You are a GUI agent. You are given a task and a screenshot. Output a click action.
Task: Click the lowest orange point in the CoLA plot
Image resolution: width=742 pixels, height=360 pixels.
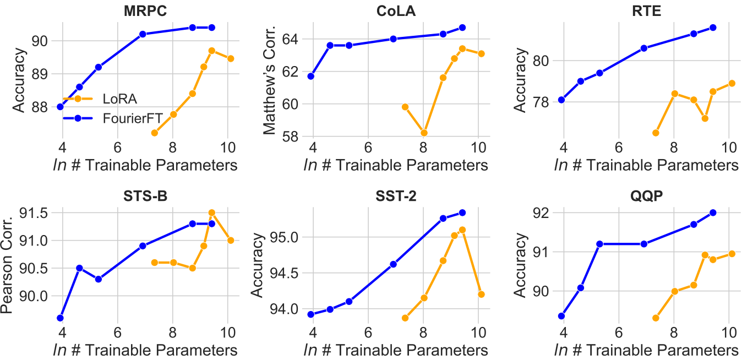(x=423, y=133)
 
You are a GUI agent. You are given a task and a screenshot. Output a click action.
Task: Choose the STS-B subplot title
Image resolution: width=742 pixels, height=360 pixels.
(x=146, y=197)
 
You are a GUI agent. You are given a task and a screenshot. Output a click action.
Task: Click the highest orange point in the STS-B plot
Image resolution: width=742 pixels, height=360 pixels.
(x=212, y=212)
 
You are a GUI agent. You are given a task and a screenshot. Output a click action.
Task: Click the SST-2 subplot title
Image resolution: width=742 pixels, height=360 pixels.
(x=395, y=197)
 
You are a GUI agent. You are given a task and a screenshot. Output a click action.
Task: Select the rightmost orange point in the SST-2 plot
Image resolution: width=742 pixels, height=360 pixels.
(x=481, y=294)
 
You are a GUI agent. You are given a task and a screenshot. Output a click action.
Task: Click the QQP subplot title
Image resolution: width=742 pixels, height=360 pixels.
(x=646, y=197)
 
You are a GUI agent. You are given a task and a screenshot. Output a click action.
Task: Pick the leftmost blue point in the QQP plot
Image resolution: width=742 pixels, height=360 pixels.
(x=561, y=316)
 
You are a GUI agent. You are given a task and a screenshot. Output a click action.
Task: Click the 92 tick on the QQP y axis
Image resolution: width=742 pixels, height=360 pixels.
(x=539, y=213)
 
